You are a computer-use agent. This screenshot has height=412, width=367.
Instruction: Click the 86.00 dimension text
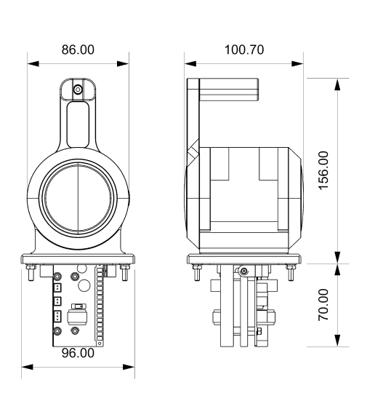click(x=78, y=49)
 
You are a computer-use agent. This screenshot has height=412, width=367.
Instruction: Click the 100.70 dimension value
click(x=244, y=49)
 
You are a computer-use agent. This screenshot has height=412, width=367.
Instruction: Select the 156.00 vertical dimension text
click(x=323, y=170)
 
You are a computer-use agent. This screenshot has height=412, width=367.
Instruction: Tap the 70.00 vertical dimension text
click(x=323, y=305)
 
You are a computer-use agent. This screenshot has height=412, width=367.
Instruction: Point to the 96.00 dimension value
click(x=78, y=353)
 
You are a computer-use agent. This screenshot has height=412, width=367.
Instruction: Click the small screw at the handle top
click(x=78, y=90)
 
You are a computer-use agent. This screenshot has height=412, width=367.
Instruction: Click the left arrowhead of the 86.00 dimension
click(x=33, y=63)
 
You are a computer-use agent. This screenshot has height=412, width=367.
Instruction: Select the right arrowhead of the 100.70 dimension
click(x=297, y=63)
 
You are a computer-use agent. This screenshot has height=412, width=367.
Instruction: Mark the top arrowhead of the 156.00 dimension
click(x=337, y=84)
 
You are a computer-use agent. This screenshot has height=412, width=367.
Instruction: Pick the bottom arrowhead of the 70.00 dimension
click(x=337, y=340)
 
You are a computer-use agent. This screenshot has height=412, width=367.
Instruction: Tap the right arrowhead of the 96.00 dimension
click(x=129, y=367)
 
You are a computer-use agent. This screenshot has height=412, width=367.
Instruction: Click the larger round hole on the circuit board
click(x=84, y=285)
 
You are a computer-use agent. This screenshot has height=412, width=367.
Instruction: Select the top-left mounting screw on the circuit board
click(x=57, y=277)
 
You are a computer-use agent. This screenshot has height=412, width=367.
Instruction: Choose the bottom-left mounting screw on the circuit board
click(x=57, y=331)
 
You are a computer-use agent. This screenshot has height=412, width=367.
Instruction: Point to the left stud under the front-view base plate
click(x=31, y=273)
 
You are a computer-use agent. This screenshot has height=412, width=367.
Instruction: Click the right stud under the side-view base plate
click(x=291, y=273)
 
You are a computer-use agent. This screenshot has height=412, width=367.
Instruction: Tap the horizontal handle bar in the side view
click(x=229, y=90)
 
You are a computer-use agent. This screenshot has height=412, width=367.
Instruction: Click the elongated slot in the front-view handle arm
click(x=78, y=125)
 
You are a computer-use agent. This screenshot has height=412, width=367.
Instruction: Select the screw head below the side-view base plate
click(x=244, y=271)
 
